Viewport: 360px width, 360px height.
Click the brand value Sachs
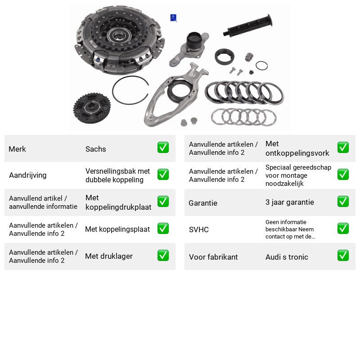click(x=95, y=149)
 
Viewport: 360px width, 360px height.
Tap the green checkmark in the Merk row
click(x=163, y=148)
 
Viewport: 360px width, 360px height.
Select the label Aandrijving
click(x=28, y=175)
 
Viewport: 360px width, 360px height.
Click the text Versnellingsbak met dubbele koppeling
click(x=117, y=175)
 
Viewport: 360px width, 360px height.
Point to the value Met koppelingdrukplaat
click(x=118, y=202)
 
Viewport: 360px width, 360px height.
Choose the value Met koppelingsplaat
click(x=117, y=229)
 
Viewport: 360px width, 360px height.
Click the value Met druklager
click(x=109, y=256)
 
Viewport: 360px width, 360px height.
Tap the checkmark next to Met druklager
click(x=163, y=256)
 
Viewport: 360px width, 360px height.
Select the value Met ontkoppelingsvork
click(x=297, y=148)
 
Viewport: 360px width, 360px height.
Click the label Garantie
click(x=203, y=203)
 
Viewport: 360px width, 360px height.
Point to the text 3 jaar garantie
click(x=290, y=202)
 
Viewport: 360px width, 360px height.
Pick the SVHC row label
click(x=199, y=229)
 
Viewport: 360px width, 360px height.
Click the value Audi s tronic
click(x=287, y=257)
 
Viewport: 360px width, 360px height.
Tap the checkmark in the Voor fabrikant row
click(x=343, y=256)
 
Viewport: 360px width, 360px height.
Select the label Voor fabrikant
click(x=213, y=257)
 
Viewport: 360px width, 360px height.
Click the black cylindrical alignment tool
click(x=248, y=25)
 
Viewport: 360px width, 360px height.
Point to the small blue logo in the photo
click(x=173, y=18)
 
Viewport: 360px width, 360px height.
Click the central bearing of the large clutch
click(x=119, y=36)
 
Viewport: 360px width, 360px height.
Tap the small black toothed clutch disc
click(x=92, y=108)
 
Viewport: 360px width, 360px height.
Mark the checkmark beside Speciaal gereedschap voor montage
click(x=343, y=175)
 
